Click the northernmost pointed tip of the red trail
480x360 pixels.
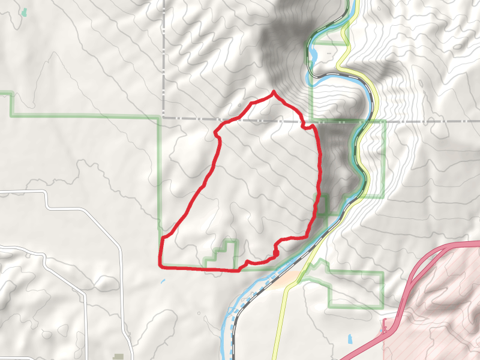(274, 91)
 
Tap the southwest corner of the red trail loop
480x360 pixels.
(160, 265)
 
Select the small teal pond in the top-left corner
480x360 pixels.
(24, 12)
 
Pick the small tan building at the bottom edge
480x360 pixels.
(119, 357)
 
